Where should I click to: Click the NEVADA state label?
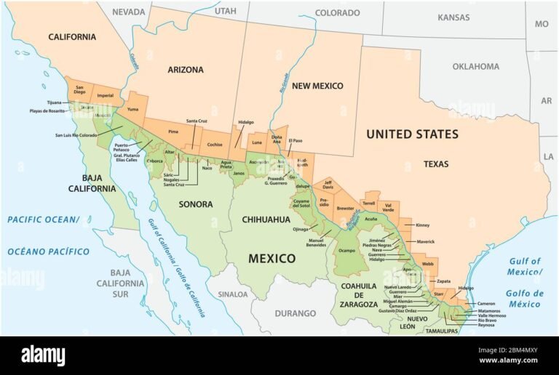click(128, 12)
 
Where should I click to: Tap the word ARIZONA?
click(186, 70)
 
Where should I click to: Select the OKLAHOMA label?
click(475, 67)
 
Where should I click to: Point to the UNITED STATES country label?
click(412, 134)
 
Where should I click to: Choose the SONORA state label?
click(196, 204)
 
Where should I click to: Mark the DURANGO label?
click(296, 313)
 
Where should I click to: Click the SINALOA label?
click(233, 294)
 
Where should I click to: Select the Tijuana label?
click(54, 102)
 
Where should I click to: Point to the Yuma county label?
click(132, 109)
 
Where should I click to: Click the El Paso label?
click(296, 140)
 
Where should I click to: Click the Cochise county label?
click(214, 145)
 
